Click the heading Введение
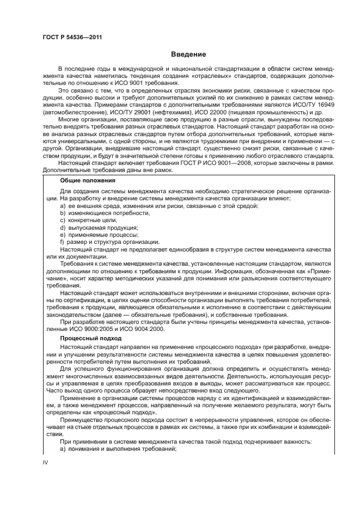(188, 54)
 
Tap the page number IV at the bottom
(46, 462)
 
